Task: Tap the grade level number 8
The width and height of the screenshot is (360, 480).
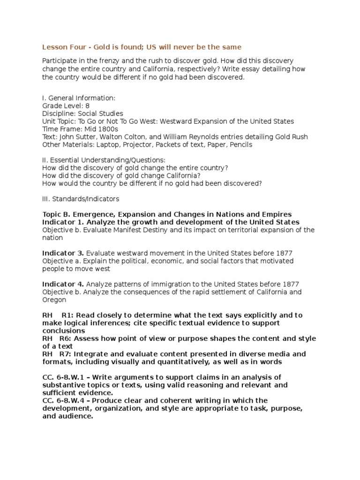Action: point(87,106)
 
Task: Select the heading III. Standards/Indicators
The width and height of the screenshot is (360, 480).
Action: point(81,199)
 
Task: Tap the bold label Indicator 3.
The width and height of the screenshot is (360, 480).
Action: point(63,253)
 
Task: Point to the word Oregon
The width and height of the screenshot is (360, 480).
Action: point(54,300)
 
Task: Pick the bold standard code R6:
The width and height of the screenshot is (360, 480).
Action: point(66,338)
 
